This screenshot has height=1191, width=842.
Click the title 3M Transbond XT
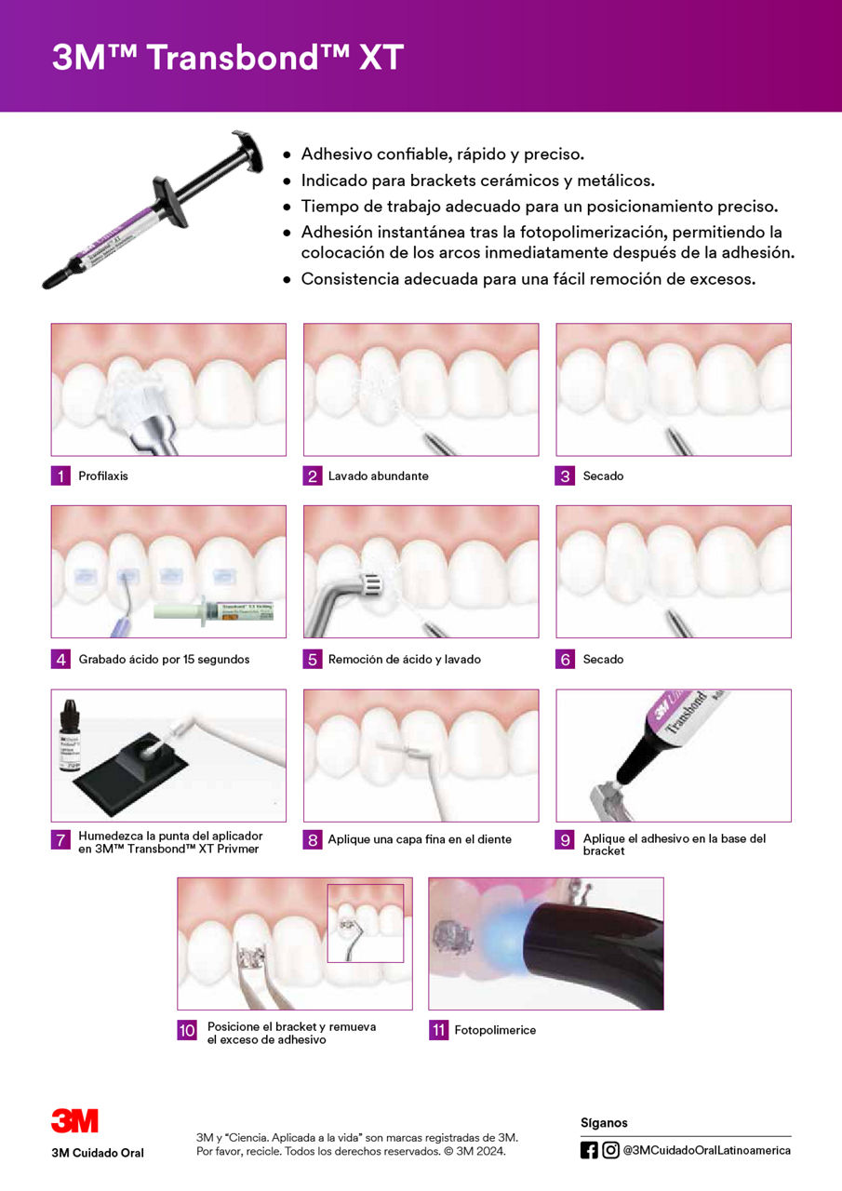pos(228,59)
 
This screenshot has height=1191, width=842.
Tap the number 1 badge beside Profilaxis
pos(60,475)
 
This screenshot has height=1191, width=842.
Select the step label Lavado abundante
pos(378,475)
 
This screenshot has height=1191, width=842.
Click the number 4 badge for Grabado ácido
pos(60,659)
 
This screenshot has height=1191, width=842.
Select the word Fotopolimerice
pos(495,1030)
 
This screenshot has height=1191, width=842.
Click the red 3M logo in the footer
pos(74,1121)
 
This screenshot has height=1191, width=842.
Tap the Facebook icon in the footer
pos(589,1150)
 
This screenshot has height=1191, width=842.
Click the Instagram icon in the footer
pos(610,1150)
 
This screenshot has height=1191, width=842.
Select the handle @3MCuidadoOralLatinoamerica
pos(707,1150)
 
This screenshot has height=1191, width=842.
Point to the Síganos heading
pos(604,1123)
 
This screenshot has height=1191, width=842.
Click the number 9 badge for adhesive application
pos(565,839)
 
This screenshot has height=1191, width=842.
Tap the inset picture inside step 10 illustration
pos(365,923)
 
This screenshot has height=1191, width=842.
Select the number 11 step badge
pos(438,1030)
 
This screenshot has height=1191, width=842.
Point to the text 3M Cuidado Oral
pos(98,1154)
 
